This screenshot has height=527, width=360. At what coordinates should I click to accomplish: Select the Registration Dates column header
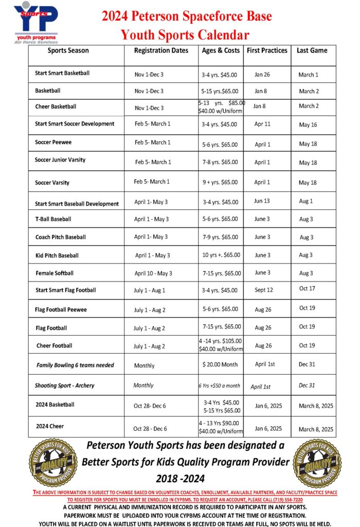[x=161, y=50]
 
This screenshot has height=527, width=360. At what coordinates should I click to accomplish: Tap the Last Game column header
[x=312, y=50]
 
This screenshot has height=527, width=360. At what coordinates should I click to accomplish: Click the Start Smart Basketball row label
[x=62, y=73]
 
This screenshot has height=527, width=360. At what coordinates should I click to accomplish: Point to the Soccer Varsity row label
[x=52, y=183]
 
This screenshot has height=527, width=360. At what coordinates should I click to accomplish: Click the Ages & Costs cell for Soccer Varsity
[x=220, y=182]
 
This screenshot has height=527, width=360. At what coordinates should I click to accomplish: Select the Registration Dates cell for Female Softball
[x=153, y=273]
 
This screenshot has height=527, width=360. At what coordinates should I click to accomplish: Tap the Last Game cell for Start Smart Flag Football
[x=307, y=289]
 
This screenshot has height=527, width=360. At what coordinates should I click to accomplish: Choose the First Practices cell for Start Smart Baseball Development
[x=262, y=201]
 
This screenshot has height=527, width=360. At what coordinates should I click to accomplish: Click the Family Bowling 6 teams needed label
[x=75, y=365]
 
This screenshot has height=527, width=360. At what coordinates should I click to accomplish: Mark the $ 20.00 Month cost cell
[x=220, y=364]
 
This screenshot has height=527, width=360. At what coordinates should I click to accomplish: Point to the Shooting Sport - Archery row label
[x=65, y=385]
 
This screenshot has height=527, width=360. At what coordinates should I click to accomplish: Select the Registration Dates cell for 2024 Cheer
[x=150, y=429]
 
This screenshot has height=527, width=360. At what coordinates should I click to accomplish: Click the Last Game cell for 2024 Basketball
[x=316, y=406]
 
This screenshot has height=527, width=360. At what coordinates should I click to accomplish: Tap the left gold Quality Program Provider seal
[x=53, y=462]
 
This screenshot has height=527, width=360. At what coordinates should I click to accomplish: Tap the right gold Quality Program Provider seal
[x=316, y=462]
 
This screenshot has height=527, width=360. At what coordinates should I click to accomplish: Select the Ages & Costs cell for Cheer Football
[x=221, y=345]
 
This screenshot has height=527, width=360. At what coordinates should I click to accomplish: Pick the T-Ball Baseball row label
[x=53, y=219]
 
